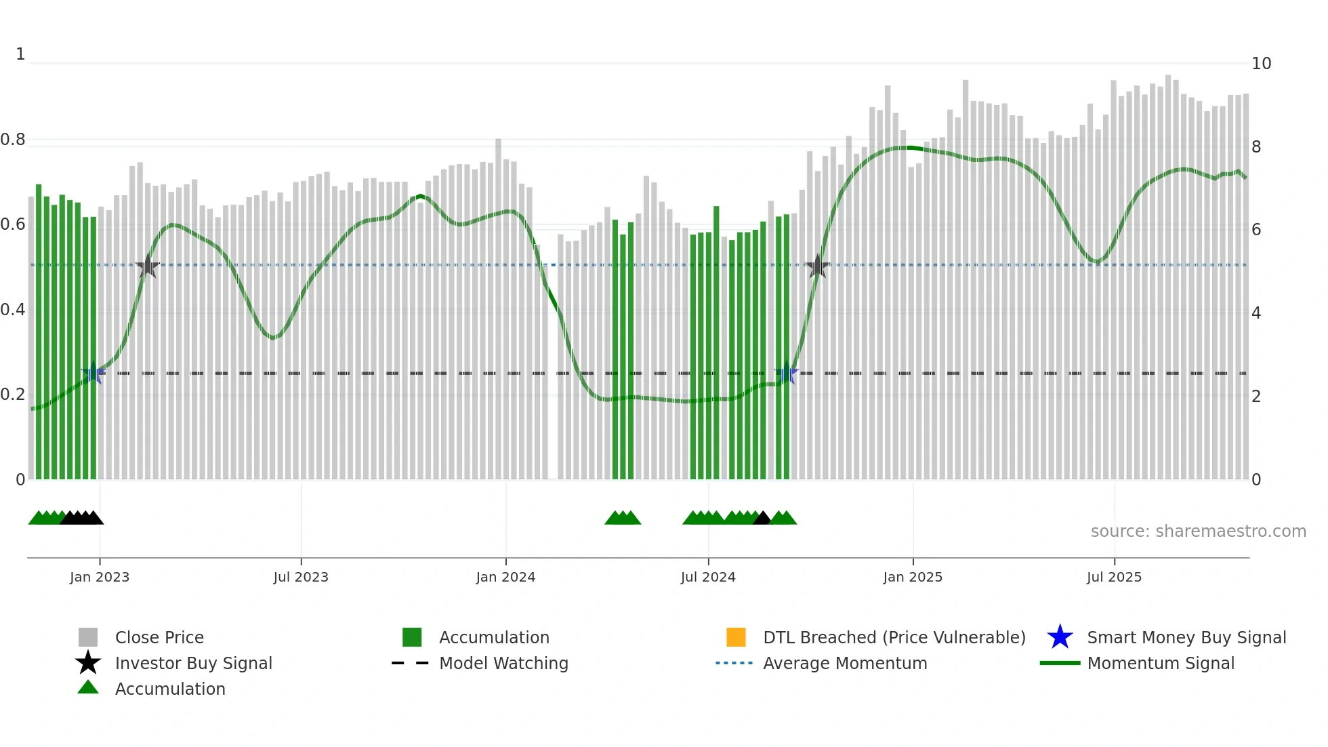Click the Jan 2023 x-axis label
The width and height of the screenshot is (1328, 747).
99,577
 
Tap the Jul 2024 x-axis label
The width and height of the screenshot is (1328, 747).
707,577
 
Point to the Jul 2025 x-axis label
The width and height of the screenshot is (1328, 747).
1114,577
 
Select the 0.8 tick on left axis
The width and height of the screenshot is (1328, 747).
13,140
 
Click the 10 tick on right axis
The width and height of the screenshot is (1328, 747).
1261,64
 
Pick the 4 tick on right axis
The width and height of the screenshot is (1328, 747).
1256,313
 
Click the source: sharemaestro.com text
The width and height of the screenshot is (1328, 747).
1198,531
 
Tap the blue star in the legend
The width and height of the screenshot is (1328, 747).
1060,637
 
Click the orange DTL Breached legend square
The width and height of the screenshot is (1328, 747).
736,637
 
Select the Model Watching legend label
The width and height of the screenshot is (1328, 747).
503,663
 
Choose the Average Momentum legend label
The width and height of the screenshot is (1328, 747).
845,663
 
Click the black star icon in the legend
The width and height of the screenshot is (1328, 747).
88,663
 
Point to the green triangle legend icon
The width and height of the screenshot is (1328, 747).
88,687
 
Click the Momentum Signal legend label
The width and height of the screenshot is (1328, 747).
1161,663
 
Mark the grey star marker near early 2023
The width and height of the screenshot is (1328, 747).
148,266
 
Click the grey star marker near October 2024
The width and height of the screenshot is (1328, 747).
818,266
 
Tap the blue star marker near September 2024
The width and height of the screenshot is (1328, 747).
786,373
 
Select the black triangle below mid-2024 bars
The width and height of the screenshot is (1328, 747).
762,519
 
